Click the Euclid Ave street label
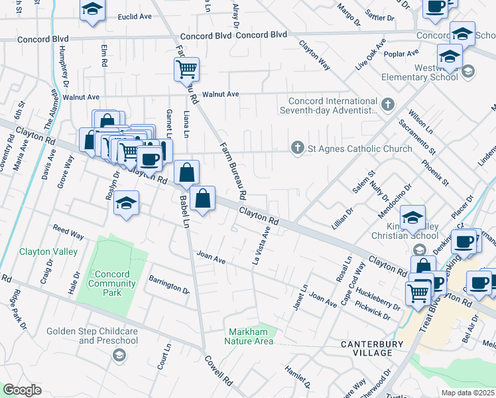(135, 17)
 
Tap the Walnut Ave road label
(221, 94)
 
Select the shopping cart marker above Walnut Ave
(187, 68)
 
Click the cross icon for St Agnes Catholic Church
(298, 148)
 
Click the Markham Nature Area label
(251, 336)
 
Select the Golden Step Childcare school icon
(119, 356)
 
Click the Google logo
(22, 389)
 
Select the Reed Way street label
(68, 233)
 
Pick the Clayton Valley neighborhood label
(48, 252)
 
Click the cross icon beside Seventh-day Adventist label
(388, 104)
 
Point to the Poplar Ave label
(405, 53)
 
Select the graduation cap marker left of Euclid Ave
(93, 10)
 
